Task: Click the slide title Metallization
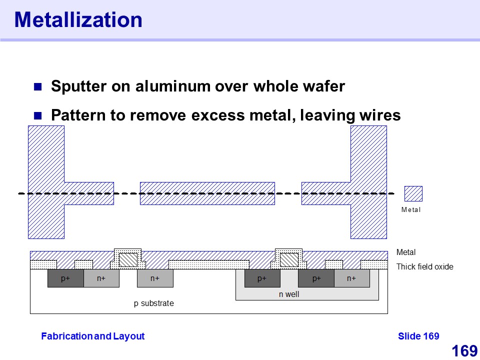click(78, 20)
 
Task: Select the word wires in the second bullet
click(379, 115)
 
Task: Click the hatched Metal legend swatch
click(413, 193)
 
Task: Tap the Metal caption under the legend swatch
click(411, 210)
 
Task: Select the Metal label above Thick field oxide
click(406, 252)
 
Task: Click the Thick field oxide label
click(424, 267)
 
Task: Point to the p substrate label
click(154, 303)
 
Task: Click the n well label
click(289, 294)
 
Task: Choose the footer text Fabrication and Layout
click(92, 336)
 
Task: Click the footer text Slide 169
click(418, 336)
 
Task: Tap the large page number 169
click(464, 351)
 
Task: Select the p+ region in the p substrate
click(65, 278)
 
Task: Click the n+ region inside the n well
click(351, 278)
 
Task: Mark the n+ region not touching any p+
click(155, 278)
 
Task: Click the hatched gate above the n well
click(289, 259)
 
